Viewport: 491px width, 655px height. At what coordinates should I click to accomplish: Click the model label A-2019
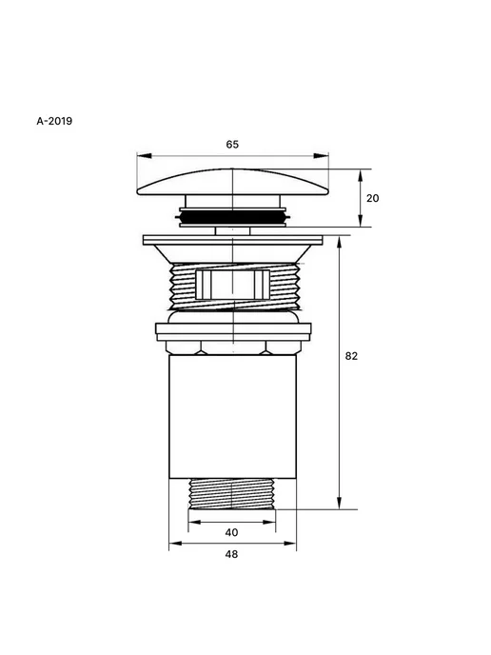[54, 121]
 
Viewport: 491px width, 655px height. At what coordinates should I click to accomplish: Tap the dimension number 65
[232, 144]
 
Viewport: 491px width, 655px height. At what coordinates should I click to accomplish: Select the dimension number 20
[372, 198]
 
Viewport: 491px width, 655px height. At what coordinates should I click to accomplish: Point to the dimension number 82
[351, 356]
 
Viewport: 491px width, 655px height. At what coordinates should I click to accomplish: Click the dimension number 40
[231, 532]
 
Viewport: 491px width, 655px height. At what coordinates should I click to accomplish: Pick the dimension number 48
[231, 554]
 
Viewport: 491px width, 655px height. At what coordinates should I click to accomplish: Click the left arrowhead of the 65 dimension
[144, 156]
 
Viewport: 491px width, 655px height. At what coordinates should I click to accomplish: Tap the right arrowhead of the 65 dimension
[321, 156]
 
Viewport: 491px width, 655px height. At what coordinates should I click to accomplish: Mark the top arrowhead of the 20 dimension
[361, 176]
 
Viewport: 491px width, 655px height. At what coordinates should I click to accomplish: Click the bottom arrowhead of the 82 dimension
[340, 503]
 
